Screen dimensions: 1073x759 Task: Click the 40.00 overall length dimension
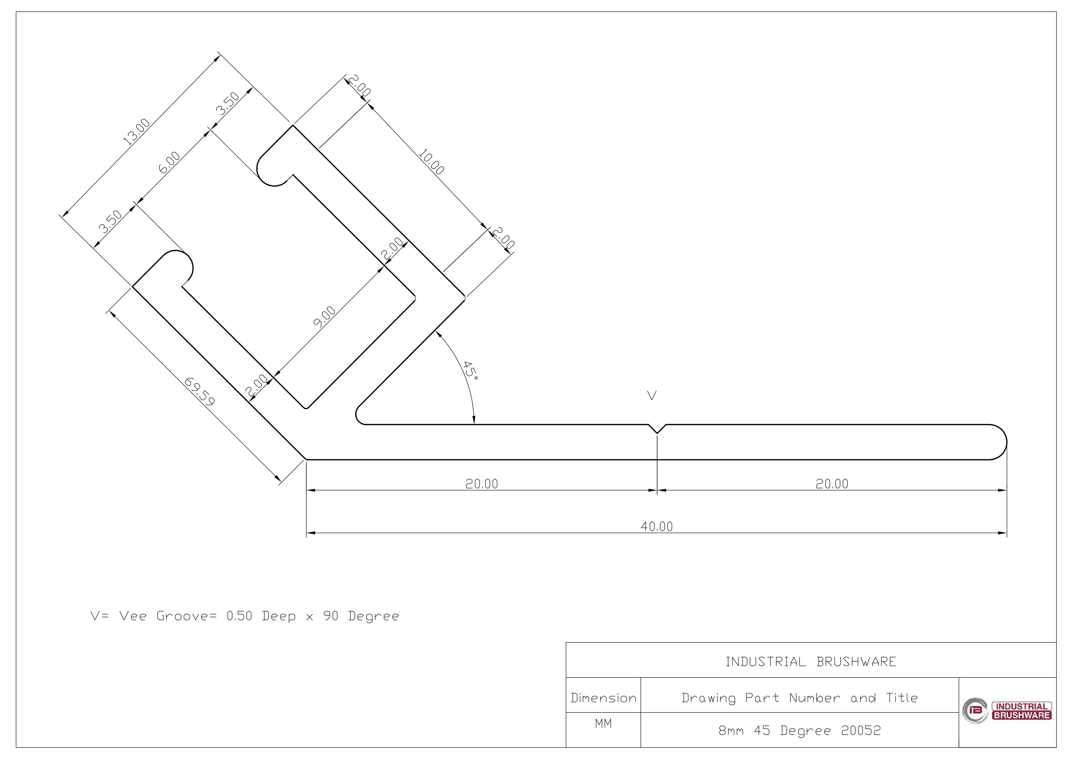tap(657, 527)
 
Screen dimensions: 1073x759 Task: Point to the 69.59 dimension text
tap(199, 391)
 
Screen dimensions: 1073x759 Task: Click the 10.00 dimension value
tap(431, 162)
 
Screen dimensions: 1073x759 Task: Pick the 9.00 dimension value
tap(324, 317)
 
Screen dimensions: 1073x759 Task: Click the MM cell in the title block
tap(603, 723)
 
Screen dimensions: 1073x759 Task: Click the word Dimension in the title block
tap(603, 698)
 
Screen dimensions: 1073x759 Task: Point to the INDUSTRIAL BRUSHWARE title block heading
tap(811, 662)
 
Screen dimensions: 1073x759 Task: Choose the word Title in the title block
tap(902, 698)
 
